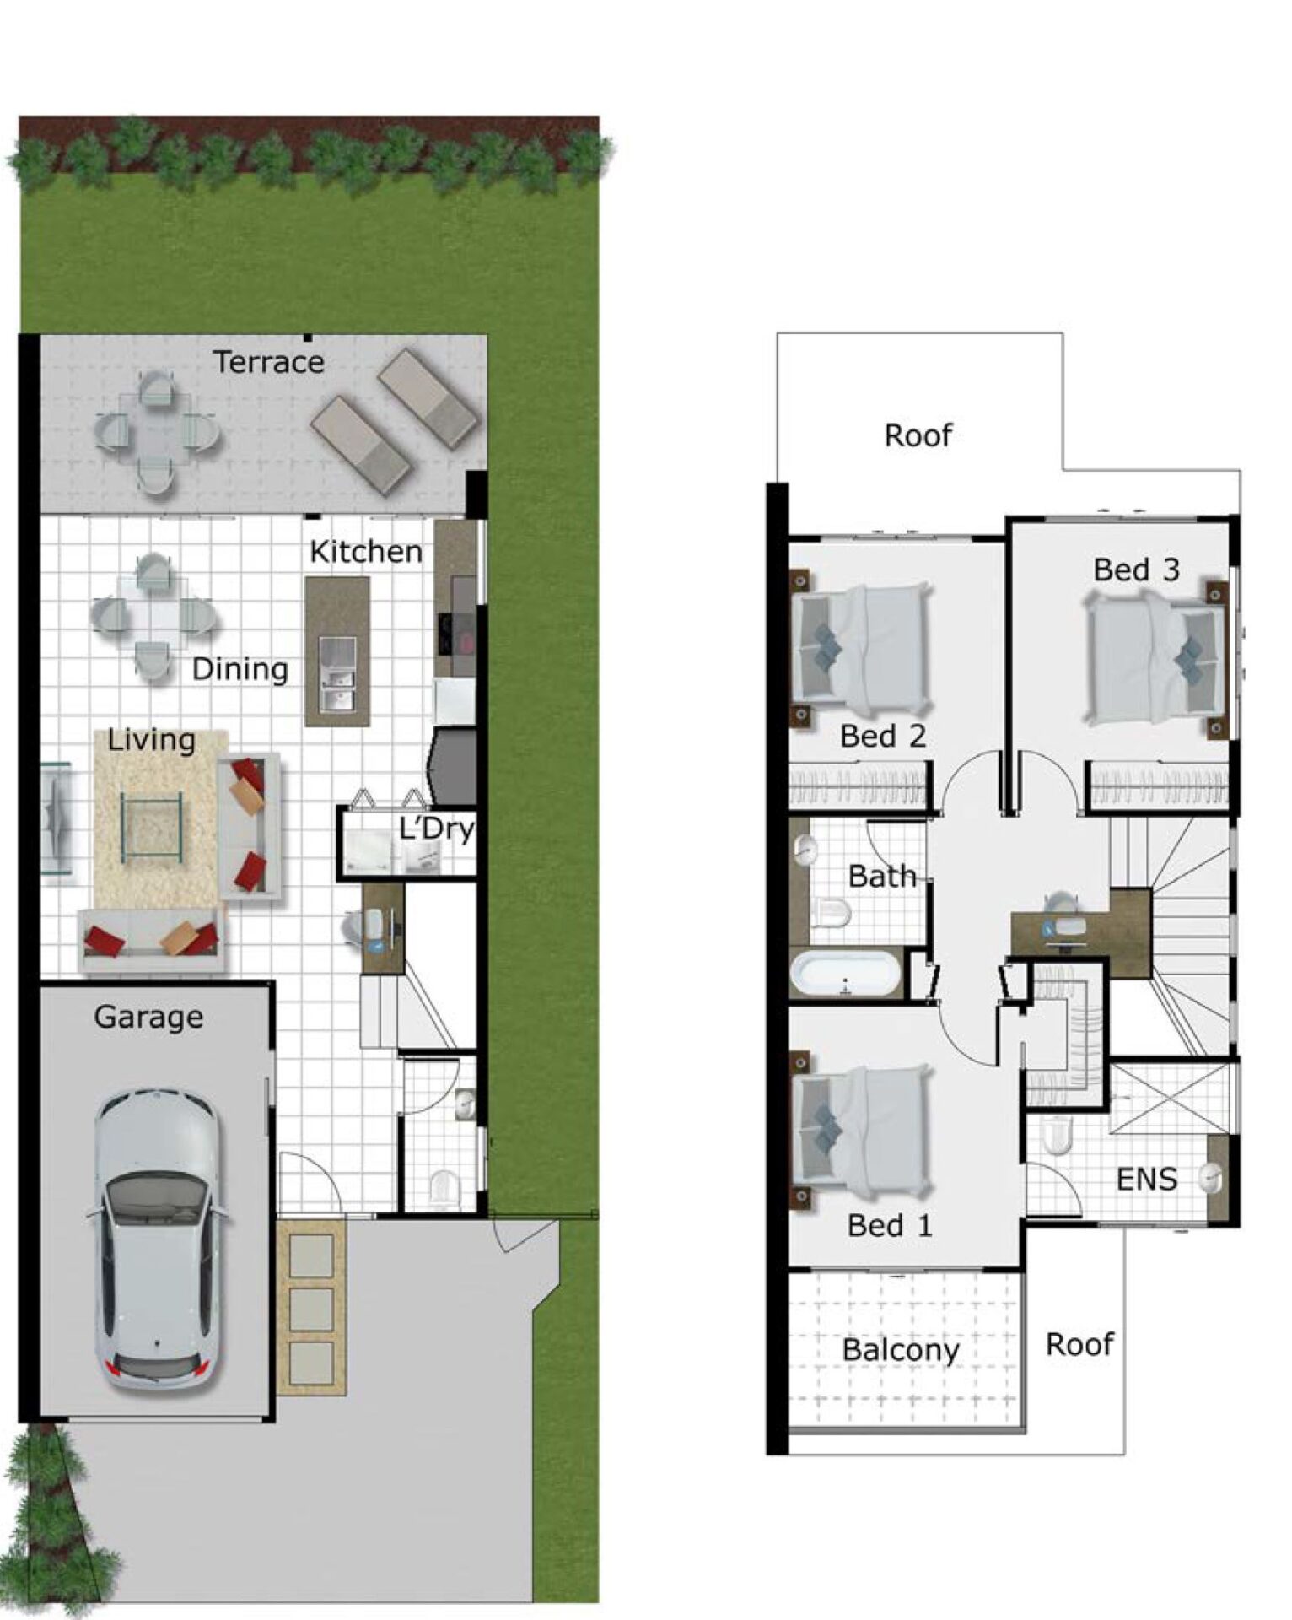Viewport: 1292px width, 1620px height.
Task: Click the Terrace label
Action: [x=268, y=362]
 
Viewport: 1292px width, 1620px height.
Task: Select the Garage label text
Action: [x=148, y=1018]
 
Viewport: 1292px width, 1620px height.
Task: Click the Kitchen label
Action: [x=365, y=552]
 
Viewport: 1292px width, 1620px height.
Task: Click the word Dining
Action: [x=240, y=670]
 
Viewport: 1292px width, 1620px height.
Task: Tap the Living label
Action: [x=151, y=741]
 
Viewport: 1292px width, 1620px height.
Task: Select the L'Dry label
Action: [x=437, y=829]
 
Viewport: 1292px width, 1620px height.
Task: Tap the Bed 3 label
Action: [x=1136, y=570]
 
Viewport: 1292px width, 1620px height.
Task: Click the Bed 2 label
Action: [x=883, y=737]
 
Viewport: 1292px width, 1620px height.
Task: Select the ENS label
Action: [x=1146, y=1180]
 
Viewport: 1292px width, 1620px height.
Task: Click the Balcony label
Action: [x=900, y=1350]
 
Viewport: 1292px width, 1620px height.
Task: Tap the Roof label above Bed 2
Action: [x=918, y=435]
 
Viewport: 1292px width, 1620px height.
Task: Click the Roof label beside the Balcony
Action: [x=1079, y=1344]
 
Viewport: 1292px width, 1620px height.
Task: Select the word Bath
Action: [x=882, y=877]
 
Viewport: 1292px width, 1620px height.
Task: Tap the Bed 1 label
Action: [x=890, y=1225]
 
